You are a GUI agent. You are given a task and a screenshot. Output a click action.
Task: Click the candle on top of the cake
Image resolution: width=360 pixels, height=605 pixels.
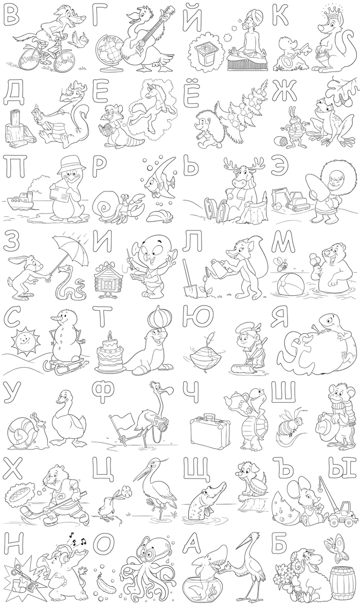click(x=110, y=335)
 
